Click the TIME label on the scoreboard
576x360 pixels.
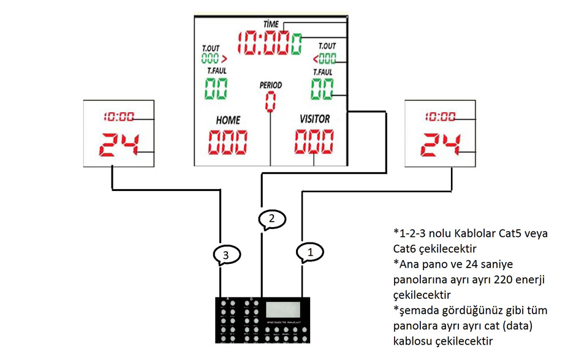(x=270, y=23)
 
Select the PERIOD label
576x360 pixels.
(x=270, y=85)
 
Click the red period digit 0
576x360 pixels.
(x=270, y=102)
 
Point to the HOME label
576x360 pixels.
(x=228, y=120)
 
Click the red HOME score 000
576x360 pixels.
(x=228, y=142)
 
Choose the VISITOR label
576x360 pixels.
(x=314, y=119)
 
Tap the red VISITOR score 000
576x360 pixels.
(x=314, y=142)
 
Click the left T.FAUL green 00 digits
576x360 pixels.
(x=216, y=89)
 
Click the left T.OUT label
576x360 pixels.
(x=210, y=48)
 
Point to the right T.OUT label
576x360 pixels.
(x=327, y=46)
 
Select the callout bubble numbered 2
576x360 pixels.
(x=271, y=219)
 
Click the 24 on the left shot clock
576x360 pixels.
(x=119, y=145)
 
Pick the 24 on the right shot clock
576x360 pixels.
(x=441, y=145)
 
